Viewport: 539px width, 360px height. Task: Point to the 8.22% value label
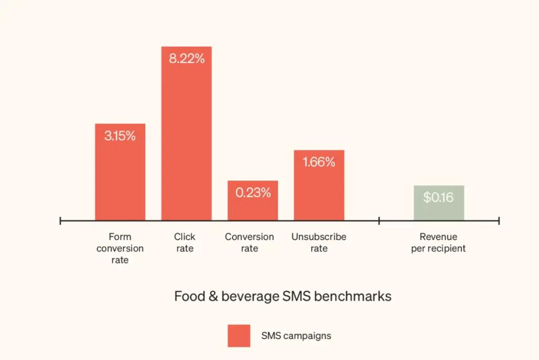coord(186,59)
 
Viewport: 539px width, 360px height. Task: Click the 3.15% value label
coord(120,136)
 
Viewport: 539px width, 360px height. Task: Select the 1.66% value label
coord(319,162)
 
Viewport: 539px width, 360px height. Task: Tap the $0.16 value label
coord(438,197)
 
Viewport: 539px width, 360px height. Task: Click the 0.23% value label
coord(253,193)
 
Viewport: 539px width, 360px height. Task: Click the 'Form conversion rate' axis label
coord(120,248)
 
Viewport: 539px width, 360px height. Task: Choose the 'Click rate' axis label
coord(185,243)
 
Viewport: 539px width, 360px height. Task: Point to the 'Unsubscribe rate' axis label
coord(319,243)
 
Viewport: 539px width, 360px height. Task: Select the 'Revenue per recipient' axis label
coord(438,243)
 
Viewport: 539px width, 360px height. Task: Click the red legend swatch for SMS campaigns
coord(239,335)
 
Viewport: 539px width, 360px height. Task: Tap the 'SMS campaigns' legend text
coord(296,335)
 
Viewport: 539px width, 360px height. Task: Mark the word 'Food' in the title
coord(188,296)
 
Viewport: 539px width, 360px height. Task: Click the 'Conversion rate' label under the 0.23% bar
coord(249,243)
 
